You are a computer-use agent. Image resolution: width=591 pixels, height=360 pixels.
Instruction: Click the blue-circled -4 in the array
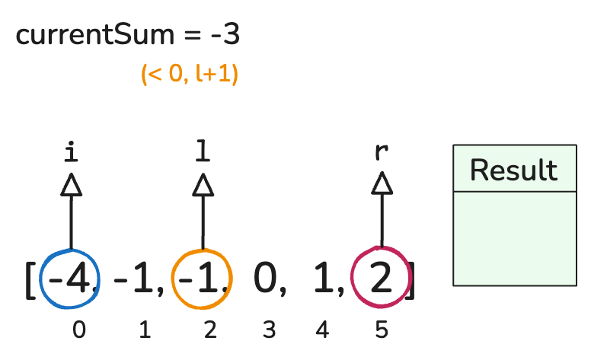point(70,279)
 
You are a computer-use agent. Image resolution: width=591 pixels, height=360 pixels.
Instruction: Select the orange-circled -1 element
point(198,279)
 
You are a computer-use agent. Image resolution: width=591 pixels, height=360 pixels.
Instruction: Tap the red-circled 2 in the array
point(381,278)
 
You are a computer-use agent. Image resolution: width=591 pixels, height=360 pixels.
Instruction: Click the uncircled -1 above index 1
point(134,279)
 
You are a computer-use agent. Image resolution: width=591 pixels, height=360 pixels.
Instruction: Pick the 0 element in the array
point(265,278)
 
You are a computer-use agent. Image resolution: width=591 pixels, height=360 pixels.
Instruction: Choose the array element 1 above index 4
point(324,278)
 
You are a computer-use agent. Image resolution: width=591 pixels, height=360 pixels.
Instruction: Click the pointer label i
point(72,151)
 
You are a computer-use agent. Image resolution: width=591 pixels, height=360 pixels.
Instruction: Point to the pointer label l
point(203,151)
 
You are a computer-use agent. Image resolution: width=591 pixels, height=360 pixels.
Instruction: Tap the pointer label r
point(382,151)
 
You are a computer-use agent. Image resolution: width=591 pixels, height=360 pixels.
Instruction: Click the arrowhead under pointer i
point(72,185)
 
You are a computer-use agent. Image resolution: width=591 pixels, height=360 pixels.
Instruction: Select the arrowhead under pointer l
point(203,185)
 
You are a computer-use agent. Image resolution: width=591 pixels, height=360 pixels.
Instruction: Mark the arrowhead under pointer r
point(382,183)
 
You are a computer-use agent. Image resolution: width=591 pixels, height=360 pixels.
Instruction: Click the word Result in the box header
point(514,170)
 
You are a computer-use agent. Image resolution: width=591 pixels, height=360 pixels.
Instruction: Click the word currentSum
point(95,35)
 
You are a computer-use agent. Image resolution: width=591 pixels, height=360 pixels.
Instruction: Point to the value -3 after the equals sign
point(225,35)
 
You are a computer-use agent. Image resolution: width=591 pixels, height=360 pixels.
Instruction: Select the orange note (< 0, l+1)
point(190,74)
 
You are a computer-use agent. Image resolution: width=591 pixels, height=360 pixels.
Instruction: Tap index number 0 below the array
point(79,330)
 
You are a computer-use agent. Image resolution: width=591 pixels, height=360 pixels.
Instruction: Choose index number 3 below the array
point(269,330)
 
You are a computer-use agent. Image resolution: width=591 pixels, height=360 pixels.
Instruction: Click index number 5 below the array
point(382,330)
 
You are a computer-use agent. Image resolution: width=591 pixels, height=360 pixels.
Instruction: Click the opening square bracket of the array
point(30,281)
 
